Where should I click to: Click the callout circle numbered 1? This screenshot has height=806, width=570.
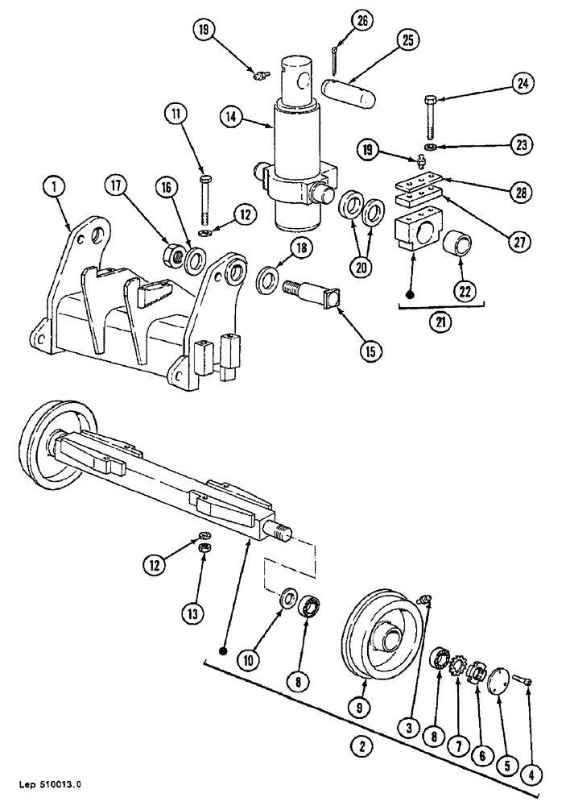(55, 188)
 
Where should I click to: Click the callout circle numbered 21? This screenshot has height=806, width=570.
(440, 322)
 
